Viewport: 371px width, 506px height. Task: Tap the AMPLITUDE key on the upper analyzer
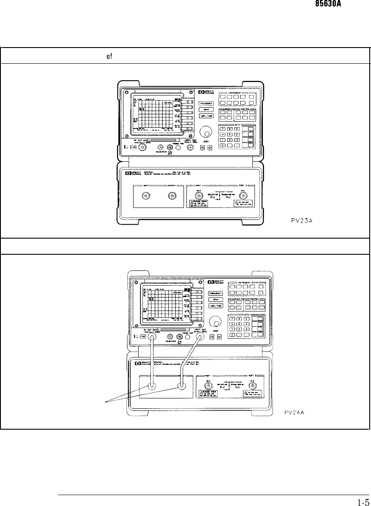(x=206, y=116)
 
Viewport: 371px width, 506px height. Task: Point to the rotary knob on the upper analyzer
(x=204, y=133)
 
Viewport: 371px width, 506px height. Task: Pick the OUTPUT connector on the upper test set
(x=173, y=196)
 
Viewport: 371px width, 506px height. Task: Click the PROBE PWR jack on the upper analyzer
(x=178, y=148)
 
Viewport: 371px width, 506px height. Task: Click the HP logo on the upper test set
(x=128, y=174)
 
